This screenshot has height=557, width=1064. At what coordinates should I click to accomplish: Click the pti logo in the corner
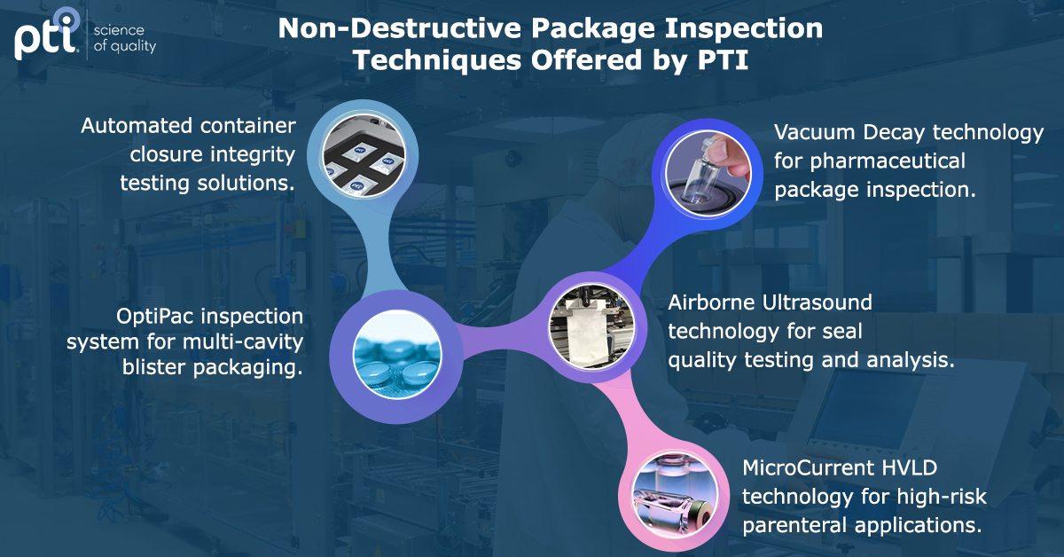tap(46, 35)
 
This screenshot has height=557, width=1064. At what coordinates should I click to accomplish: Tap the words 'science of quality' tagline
tap(125, 38)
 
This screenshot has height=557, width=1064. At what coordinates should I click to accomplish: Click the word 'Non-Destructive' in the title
tap(400, 28)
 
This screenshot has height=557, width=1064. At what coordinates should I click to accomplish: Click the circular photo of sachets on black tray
tap(364, 156)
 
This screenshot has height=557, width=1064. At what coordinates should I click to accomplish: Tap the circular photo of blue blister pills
tap(397, 355)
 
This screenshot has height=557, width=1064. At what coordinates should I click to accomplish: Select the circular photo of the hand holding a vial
tap(708, 174)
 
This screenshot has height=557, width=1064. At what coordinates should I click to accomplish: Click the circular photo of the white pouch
tap(591, 326)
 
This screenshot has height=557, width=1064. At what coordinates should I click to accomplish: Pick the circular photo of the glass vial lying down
tap(675, 495)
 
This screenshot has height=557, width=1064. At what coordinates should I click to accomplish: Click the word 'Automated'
tap(137, 126)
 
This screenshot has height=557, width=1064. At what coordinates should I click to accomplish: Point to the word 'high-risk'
tap(942, 497)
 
